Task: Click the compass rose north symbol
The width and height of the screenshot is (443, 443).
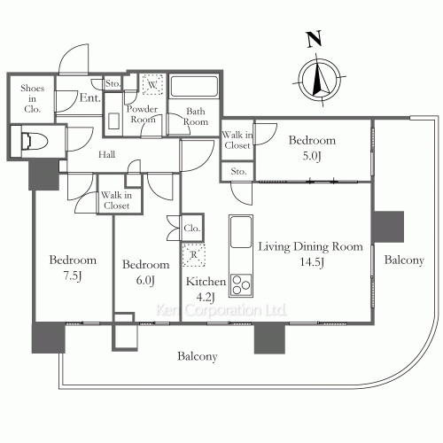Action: click(318, 77)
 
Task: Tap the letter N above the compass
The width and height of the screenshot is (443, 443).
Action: click(312, 39)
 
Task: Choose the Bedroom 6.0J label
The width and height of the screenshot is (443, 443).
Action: click(145, 272)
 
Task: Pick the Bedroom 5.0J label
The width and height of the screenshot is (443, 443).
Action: click(312, 147)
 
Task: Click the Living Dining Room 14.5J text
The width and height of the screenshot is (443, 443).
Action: click(309, 254)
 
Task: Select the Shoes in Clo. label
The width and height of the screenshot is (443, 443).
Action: click(33, 97)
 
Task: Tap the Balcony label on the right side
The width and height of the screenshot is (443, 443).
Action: click(404, 260)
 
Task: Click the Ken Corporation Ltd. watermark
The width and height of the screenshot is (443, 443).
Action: click(221, 311)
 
